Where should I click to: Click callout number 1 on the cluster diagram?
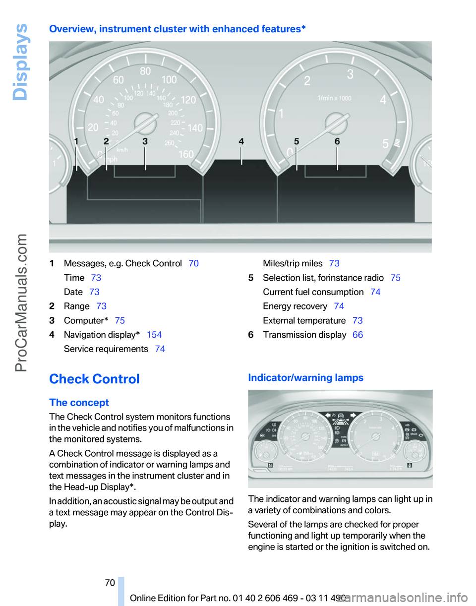[x=76, y=142]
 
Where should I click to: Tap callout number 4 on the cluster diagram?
[x=241, y=142]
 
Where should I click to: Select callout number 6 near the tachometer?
[x=337, y=142]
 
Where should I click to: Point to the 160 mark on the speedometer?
[x=186, y=154]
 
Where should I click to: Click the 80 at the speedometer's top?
[x=145, y=71]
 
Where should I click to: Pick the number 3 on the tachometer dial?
[x=350, y=75]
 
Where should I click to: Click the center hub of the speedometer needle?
[x=145, y=122]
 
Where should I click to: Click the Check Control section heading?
[x=94, y=379]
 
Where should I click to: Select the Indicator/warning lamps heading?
[x=305, y=378]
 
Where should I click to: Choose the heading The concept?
[x=79, y=402]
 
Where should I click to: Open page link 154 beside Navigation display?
[x=154, y=335]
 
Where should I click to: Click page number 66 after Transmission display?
[x=357, y=335]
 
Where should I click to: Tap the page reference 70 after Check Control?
[x=194, y=263]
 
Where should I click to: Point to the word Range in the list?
[x=77, y=306]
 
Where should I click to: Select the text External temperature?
[x=304, y=320]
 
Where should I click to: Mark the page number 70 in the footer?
[x=110, y=584]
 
